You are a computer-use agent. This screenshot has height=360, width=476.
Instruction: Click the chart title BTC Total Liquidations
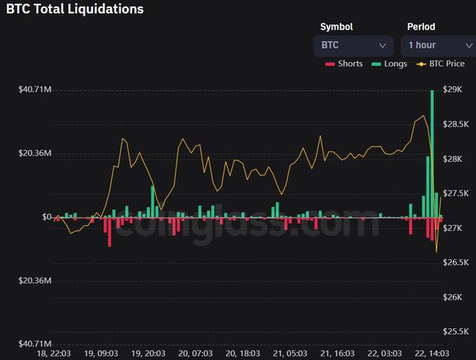click(x=75, y=9)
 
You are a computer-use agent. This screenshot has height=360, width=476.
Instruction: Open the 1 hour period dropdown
click(x=436, y=45)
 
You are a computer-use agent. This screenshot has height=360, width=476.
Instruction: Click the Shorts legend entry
click(x=344, y=63)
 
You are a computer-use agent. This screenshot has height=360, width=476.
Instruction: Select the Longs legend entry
click(x=389, y=63)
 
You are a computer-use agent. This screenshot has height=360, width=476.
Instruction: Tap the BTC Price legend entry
click(x=441, y=63)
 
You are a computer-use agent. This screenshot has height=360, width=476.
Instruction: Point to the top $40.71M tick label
click(x=35, y=89)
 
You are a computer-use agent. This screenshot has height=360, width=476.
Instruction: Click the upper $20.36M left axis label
click(x=35, y=153)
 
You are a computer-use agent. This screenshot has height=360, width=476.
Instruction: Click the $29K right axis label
click(x=454, y=89)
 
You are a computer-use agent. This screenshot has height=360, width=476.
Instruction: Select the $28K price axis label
click(x=454, y=159)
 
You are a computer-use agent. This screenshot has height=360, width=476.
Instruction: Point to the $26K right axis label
click(x=454, y=297)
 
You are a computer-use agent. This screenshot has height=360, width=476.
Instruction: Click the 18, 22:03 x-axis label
click(x=54, y=354)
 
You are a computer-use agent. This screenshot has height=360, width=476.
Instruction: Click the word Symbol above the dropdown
click(x=337, y=27)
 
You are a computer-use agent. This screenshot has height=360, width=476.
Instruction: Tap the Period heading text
click(x=422, y=27)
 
